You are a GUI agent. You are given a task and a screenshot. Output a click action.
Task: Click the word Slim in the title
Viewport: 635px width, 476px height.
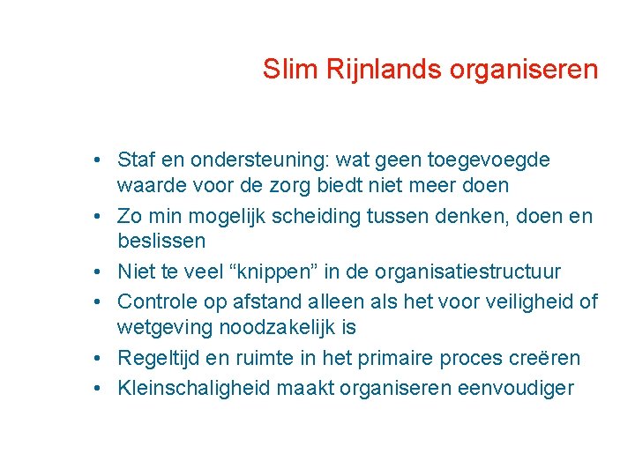pos(283,69)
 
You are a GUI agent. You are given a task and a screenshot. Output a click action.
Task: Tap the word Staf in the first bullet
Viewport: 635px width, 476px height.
pos(137,160)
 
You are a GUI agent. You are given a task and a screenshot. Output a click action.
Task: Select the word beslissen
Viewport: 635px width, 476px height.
pos(161,242)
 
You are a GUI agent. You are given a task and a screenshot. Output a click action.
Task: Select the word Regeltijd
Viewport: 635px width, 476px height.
pos(160,359)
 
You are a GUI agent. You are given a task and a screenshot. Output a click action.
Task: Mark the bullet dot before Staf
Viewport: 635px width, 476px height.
pos(104,160)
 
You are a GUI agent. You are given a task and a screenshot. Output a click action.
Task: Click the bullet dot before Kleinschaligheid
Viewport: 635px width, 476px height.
pos(104,389)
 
